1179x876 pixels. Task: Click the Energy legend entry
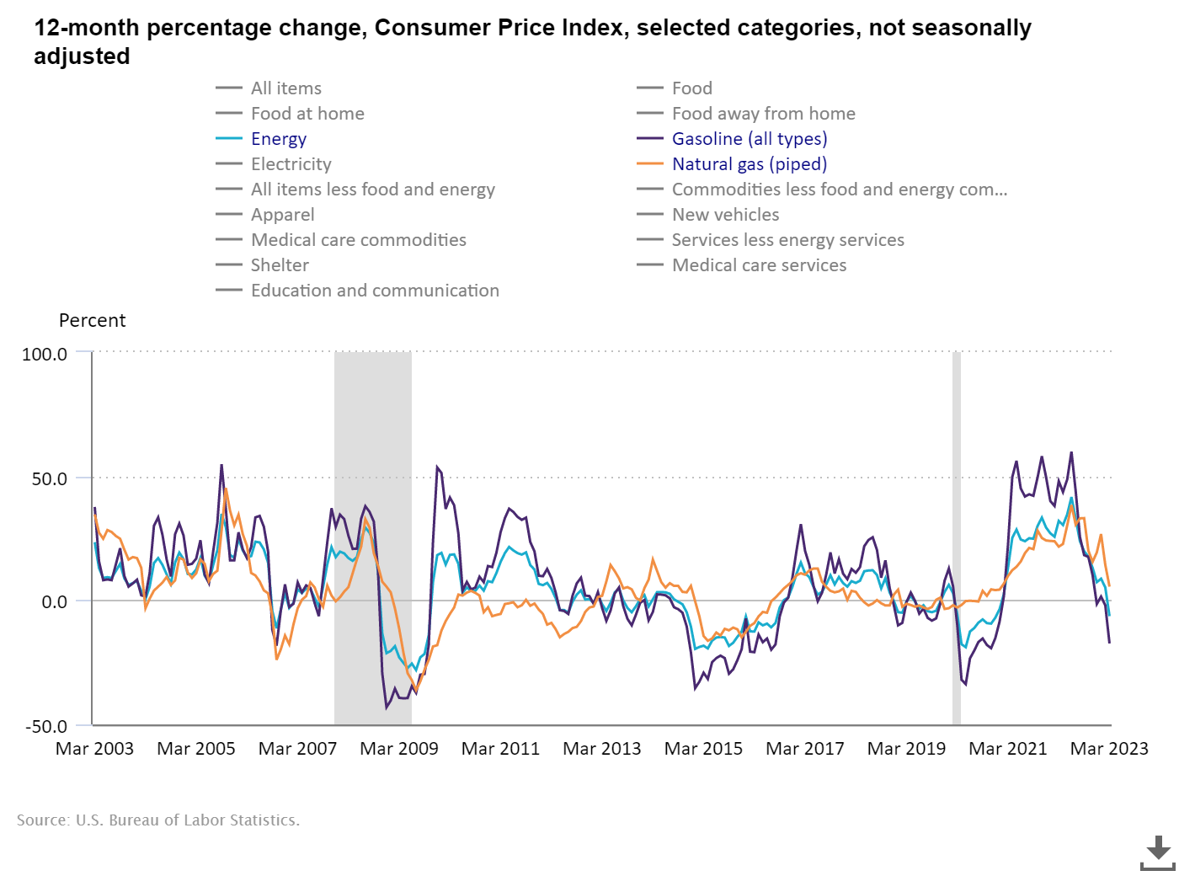point(278,139)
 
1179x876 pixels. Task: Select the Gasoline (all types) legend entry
point(749,139)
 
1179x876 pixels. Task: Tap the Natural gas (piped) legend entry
point(749,164)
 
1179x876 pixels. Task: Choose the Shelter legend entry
point(280,265)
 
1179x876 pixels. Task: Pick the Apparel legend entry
point(282,215)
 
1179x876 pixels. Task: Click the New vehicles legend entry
point(725,215)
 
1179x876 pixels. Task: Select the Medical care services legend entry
point(759,265)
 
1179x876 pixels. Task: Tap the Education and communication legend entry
point(375,291)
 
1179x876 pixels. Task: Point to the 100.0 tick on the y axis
point(45,354)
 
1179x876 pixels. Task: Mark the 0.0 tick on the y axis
point(54,602)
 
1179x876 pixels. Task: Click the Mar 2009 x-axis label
point(399,749)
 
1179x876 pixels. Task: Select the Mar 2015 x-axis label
point(703,749)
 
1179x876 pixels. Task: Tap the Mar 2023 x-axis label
point(1109,749)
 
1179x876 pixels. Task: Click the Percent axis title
point(92,321)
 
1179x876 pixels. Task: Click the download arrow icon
point(1158,852)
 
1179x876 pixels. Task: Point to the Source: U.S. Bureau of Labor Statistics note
point(158,820)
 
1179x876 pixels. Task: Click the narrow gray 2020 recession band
point(957,539)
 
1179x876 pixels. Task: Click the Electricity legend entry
point(291,164)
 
